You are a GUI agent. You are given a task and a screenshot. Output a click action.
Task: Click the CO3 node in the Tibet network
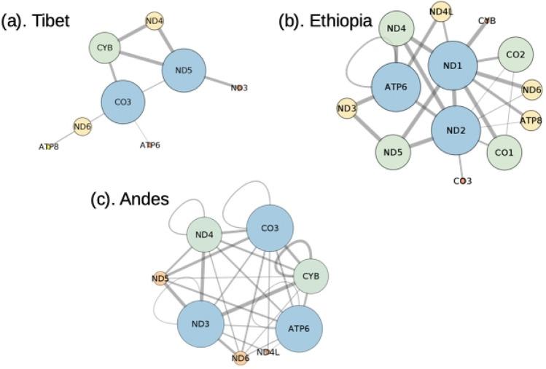coord(123,102)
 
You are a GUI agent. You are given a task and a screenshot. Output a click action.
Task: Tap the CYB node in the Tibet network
coord(105,49)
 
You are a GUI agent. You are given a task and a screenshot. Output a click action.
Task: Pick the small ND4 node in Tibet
coord(154,21)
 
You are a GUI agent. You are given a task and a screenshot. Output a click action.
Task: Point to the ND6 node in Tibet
coord(82,127)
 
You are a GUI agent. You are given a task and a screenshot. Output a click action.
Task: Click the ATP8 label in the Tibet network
coord(48,146)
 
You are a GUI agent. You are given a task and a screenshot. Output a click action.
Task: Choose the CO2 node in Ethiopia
coord(515,54)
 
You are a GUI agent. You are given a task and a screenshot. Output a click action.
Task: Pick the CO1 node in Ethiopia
coord(504,152)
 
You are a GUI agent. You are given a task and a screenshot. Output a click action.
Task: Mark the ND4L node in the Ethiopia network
coord(441,12)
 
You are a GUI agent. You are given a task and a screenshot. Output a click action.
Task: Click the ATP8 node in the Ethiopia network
coord(531,119)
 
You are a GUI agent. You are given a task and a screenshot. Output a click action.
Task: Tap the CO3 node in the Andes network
coord(269,229)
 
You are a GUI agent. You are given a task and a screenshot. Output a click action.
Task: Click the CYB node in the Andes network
coord(311,276)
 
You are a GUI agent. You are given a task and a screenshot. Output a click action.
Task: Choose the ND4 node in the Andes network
coord(205,236)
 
